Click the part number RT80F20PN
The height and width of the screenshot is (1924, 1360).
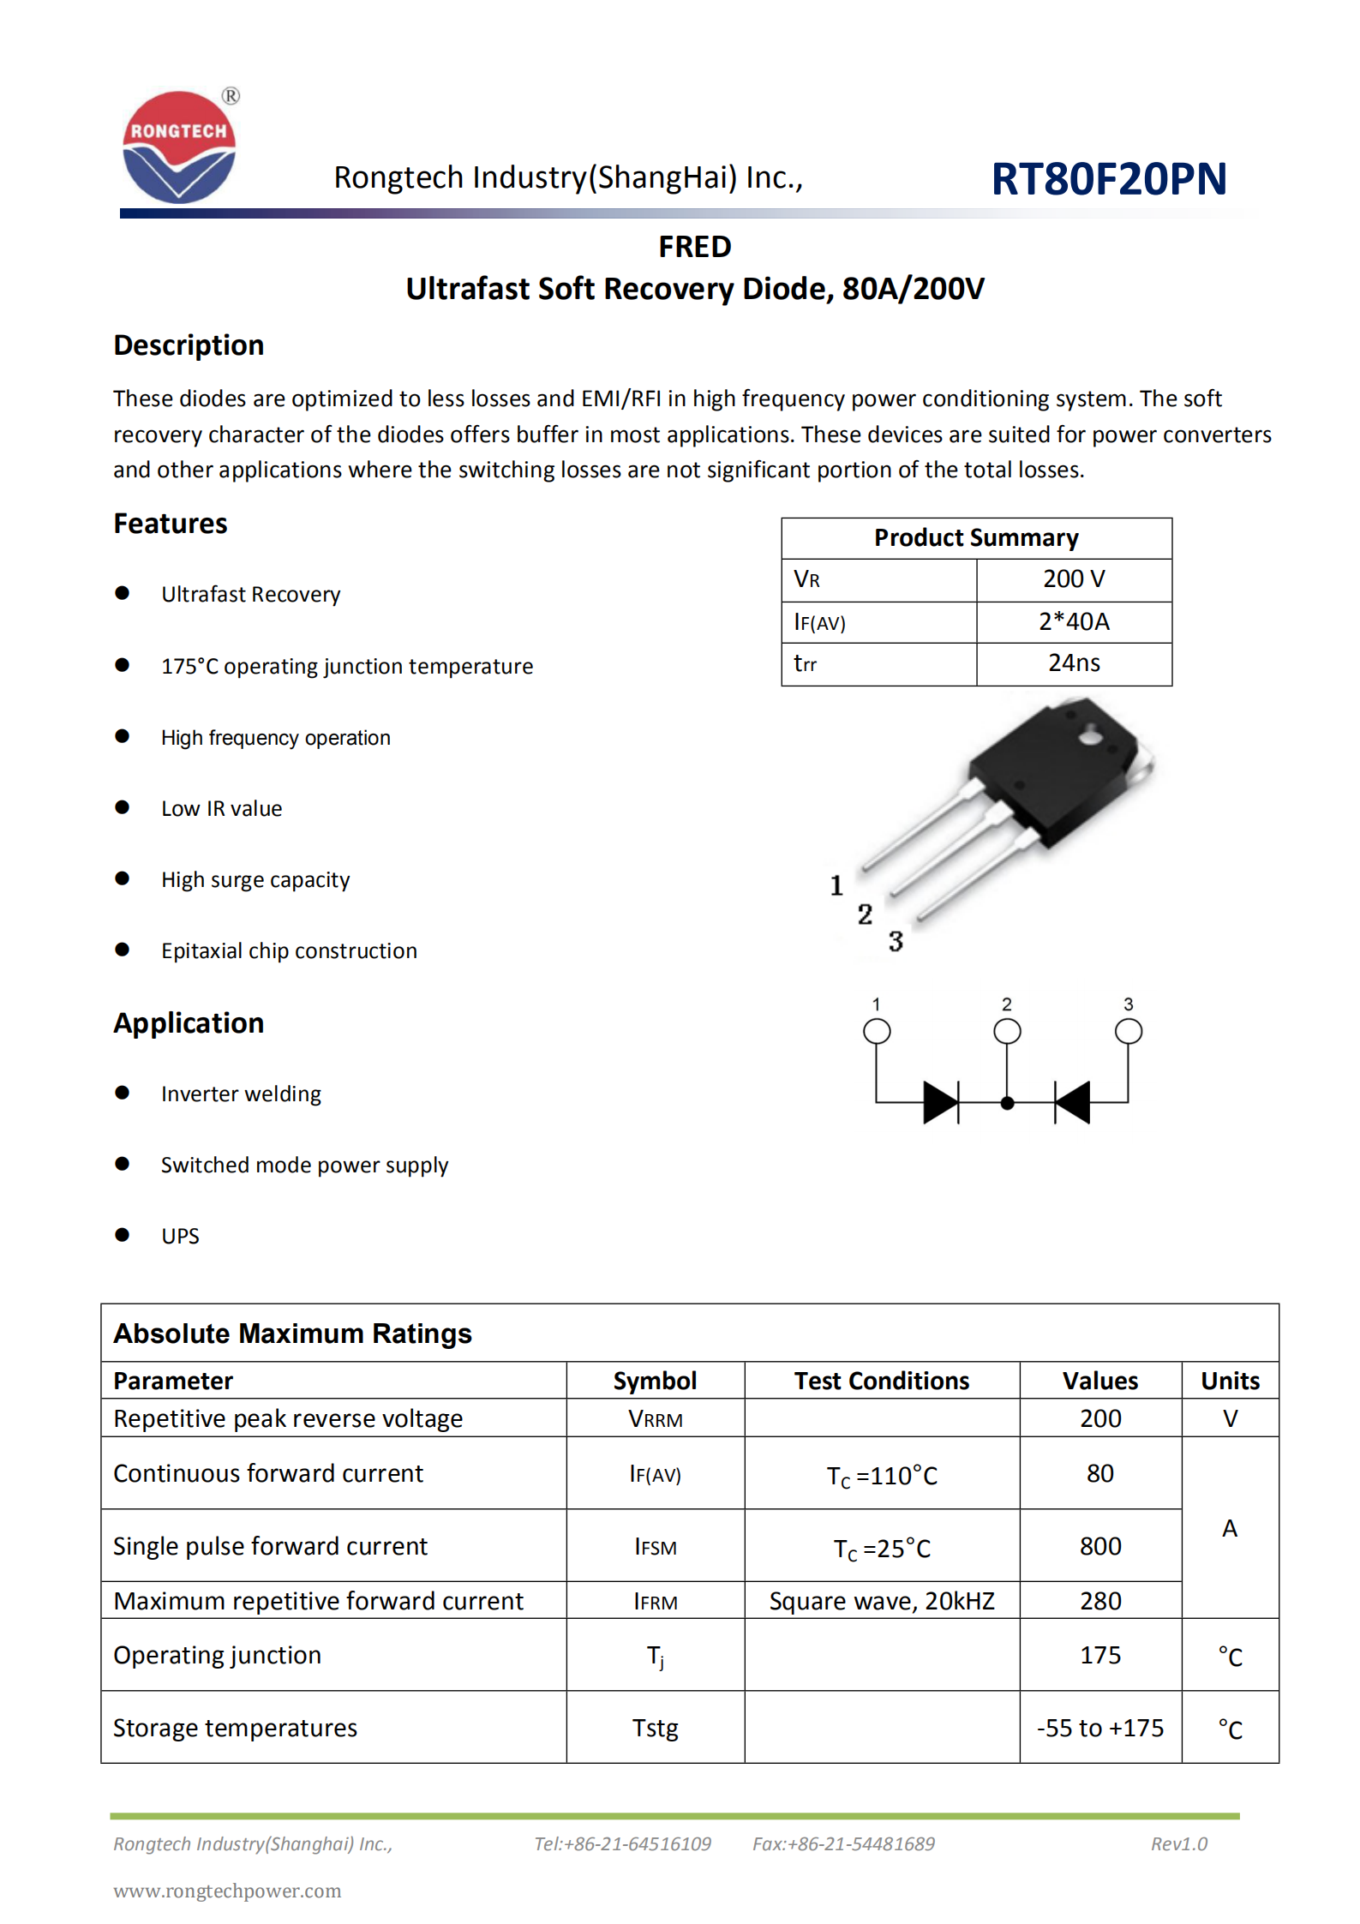[1108, 179]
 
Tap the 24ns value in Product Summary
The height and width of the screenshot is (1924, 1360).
[1073, 663]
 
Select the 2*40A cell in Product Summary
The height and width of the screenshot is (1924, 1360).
[1073, 621]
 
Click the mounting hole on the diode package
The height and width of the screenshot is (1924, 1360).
[1090, 735]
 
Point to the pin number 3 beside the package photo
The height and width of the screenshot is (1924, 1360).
[896, 941]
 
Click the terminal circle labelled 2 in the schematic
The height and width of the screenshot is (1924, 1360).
[1007, 1031]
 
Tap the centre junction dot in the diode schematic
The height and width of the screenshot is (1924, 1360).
[1007, 1103]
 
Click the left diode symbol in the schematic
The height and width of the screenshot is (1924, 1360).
[940, 1102]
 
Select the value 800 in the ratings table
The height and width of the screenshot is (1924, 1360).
[1099, 1546]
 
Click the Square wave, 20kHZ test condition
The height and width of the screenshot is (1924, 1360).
[881, 1601]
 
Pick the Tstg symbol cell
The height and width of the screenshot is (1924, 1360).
[655, 1728]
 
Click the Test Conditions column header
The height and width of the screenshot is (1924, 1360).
[881, 1381]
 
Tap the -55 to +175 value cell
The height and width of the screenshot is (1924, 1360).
[1099, 1728]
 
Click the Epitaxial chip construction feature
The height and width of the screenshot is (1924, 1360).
[289, 951]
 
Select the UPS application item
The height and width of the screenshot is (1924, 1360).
[180, 1236]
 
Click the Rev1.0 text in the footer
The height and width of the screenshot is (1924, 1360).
[1178, 1843]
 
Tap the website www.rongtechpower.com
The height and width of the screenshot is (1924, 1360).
[227, 1891]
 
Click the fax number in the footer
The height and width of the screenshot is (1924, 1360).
[843, 1843]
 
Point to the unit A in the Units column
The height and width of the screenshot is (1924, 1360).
[1229, 1528]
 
